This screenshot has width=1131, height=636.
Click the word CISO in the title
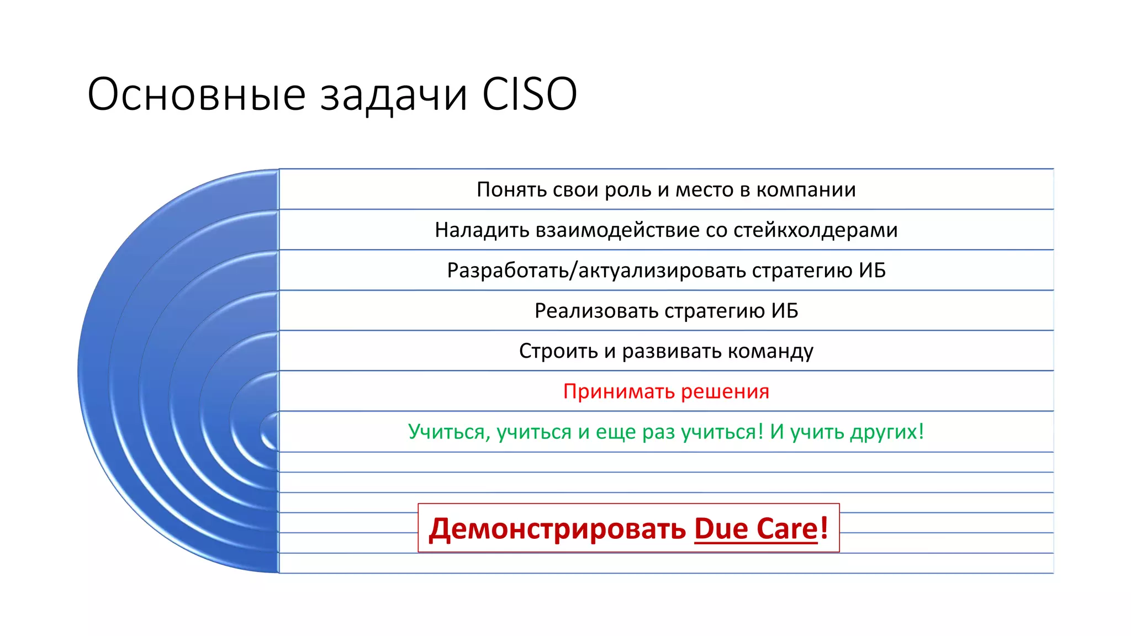(529, 94)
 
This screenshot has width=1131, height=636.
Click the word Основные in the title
(196, 94)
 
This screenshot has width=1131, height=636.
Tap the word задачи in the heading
(394, 96)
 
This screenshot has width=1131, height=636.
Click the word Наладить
(482, 230)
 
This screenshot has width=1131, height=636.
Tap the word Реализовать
(596, 311)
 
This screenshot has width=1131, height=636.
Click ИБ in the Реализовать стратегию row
(785, 311)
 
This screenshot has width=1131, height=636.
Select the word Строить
(558, 351)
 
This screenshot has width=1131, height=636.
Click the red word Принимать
(619, 391)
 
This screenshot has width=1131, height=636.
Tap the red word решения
(725, 391)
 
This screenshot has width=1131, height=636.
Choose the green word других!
(887, 432)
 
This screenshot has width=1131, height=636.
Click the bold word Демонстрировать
(557, 529)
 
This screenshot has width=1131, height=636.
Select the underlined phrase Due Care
(756, 528)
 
